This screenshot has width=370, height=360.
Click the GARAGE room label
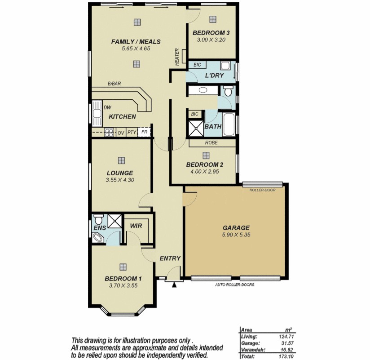point(236,228)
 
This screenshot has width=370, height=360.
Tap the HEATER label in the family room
point(177,57)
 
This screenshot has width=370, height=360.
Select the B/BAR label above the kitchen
point(114,84)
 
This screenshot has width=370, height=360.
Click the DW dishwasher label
point(107,108)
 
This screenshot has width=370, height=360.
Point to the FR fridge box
point(144,132)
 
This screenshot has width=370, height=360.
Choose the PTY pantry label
point(132,132)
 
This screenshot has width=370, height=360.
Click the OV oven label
point(121,133)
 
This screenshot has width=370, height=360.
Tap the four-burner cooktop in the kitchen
point(109,132)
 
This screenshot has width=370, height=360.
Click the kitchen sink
point(97,113)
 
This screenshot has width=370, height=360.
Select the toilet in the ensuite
point(98,219)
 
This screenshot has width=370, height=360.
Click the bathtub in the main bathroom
point(229,124)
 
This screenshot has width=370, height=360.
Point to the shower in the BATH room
point(196,129)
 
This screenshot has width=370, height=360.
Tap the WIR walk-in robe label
point(136,226)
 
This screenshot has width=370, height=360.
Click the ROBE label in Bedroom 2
point(211,142)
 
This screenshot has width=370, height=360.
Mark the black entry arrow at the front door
point(174,285)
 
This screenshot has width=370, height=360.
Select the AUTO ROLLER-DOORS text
point(234,284)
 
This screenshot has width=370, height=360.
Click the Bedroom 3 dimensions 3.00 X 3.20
point(211,40)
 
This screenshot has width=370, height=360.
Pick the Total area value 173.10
point(286,356)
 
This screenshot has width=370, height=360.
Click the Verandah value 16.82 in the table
point(286,350)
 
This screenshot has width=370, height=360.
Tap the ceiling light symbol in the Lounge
point(121,160)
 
